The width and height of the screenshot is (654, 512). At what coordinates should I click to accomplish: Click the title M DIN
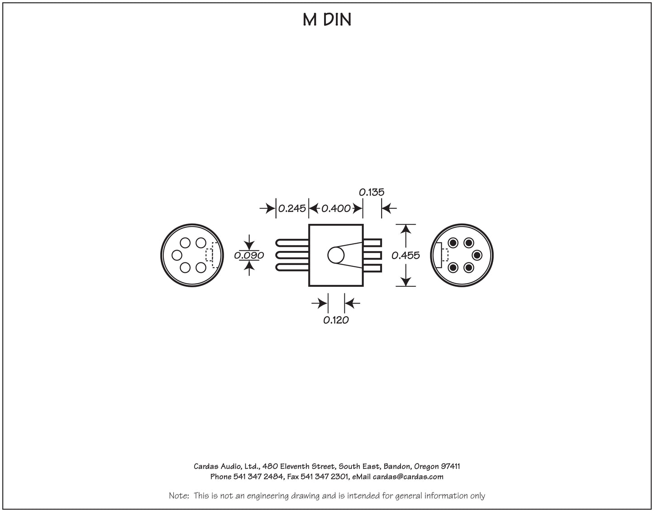coord(327,19)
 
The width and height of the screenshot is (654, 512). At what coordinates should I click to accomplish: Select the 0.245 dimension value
coord(291,208)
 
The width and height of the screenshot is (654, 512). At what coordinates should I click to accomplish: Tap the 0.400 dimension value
coord(336,208)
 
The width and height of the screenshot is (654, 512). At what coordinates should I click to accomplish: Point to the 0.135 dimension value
coord(372,192)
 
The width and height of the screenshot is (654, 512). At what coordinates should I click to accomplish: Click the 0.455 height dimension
coord(406,256)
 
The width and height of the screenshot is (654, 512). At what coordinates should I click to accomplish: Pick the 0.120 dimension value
coord(336,320)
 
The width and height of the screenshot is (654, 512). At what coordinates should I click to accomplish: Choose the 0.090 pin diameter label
coord(249,256)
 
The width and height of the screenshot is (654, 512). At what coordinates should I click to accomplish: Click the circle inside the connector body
coord(336,255)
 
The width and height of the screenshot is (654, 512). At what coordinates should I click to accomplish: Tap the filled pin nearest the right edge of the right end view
coord(477,256)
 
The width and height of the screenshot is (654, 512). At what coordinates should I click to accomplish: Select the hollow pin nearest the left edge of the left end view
coord(177,256)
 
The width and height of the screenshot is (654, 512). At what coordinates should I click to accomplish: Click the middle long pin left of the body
coord(292,256)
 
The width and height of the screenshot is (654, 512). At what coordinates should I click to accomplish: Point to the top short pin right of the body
coord(372,243)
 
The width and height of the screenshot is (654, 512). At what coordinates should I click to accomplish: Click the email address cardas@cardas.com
coord(408,477)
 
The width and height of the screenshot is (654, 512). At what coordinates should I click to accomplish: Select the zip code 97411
coord(450,467)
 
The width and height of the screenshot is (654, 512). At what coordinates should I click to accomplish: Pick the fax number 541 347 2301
coord(325,477)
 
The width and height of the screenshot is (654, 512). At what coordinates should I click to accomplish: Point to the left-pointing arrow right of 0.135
coord(389,208)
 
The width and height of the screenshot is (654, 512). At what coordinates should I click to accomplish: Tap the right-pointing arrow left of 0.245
coord(267,208)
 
